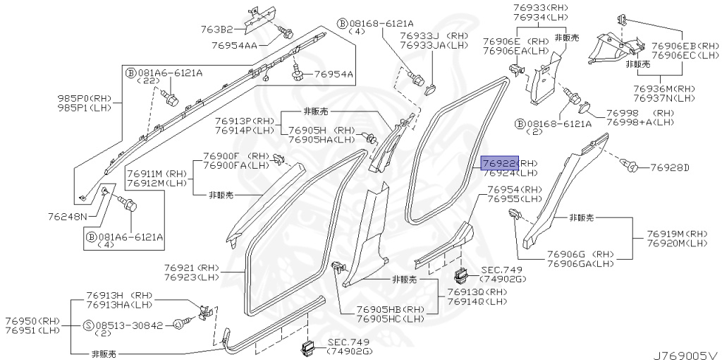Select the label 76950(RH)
(32, 320)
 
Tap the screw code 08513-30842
(130, 326)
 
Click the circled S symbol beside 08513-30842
(88, 326)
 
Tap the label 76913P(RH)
(245, 121)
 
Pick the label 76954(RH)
(513, 189)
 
